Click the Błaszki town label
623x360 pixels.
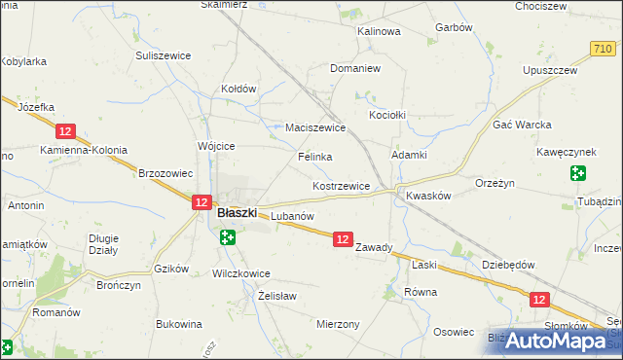(x=237, y=212)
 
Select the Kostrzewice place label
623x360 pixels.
(x=341, y=186)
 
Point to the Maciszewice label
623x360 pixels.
(x=315, y=127)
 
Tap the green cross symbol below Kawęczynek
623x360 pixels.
(x=578, y=174)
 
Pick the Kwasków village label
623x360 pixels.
(x=428, y=195)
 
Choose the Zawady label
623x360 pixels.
(x=374, y=247)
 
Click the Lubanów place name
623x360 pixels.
(x=291, y=215)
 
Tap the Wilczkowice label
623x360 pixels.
(x=240, y=274)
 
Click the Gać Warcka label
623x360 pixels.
(x=523, y=126)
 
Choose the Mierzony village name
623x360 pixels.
(x=338, y=325)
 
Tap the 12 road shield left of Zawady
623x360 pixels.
(x=342, y=238)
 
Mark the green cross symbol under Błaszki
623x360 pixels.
(x=227, y=236)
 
